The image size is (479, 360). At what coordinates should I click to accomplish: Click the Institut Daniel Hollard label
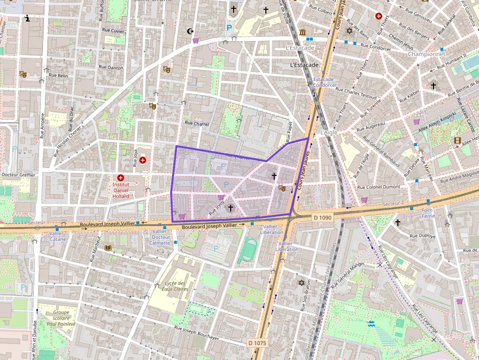(x=121, y=190)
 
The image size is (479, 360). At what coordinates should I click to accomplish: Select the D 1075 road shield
(x=257, y=343)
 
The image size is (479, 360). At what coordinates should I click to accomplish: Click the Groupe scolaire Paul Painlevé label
(x=61, y=318)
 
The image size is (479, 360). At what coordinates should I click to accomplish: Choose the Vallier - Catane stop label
(x=57, y=236)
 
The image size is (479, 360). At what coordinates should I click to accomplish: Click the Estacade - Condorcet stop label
(x=325, y=82)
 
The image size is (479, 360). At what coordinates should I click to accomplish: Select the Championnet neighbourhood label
(x=426, y=54)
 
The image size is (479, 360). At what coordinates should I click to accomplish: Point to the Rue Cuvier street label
(x=113, y=30)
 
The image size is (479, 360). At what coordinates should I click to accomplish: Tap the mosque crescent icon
(x=191, y=32)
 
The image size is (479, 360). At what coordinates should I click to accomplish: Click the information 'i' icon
(x=27, y=19)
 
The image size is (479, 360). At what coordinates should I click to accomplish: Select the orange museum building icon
(x=303, y=32)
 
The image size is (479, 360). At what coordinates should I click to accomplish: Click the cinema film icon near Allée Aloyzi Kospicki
(x=457, y=141)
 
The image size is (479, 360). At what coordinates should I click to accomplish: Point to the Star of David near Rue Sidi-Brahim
(x=301, y=283)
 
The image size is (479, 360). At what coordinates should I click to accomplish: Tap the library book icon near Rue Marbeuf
(x=108, y=248)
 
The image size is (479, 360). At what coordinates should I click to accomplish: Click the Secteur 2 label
(x=394, y=203)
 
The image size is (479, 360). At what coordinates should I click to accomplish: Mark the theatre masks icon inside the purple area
(x=281, y=188)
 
